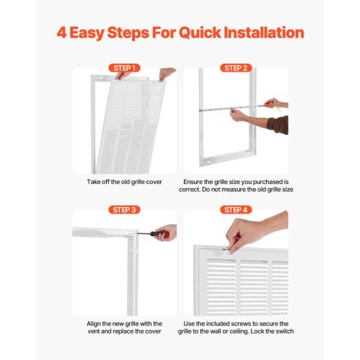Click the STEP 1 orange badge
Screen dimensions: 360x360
124,68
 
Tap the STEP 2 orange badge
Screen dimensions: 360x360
236,68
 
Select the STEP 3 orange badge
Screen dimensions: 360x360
124,210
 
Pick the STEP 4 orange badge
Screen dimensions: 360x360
236,210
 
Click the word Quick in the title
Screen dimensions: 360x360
200,33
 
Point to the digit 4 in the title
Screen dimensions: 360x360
61,33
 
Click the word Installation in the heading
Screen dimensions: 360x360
264,33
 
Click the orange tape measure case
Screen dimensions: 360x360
269,104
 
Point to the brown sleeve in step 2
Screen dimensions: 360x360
278,125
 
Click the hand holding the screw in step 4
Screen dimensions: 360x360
253,232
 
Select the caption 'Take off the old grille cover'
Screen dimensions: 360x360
124,182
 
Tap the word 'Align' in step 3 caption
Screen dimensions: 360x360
93,324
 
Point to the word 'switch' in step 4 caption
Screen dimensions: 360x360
285,331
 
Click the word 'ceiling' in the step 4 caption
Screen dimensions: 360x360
240,331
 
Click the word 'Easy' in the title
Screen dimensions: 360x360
87,33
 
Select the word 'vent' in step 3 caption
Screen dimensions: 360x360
93,331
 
